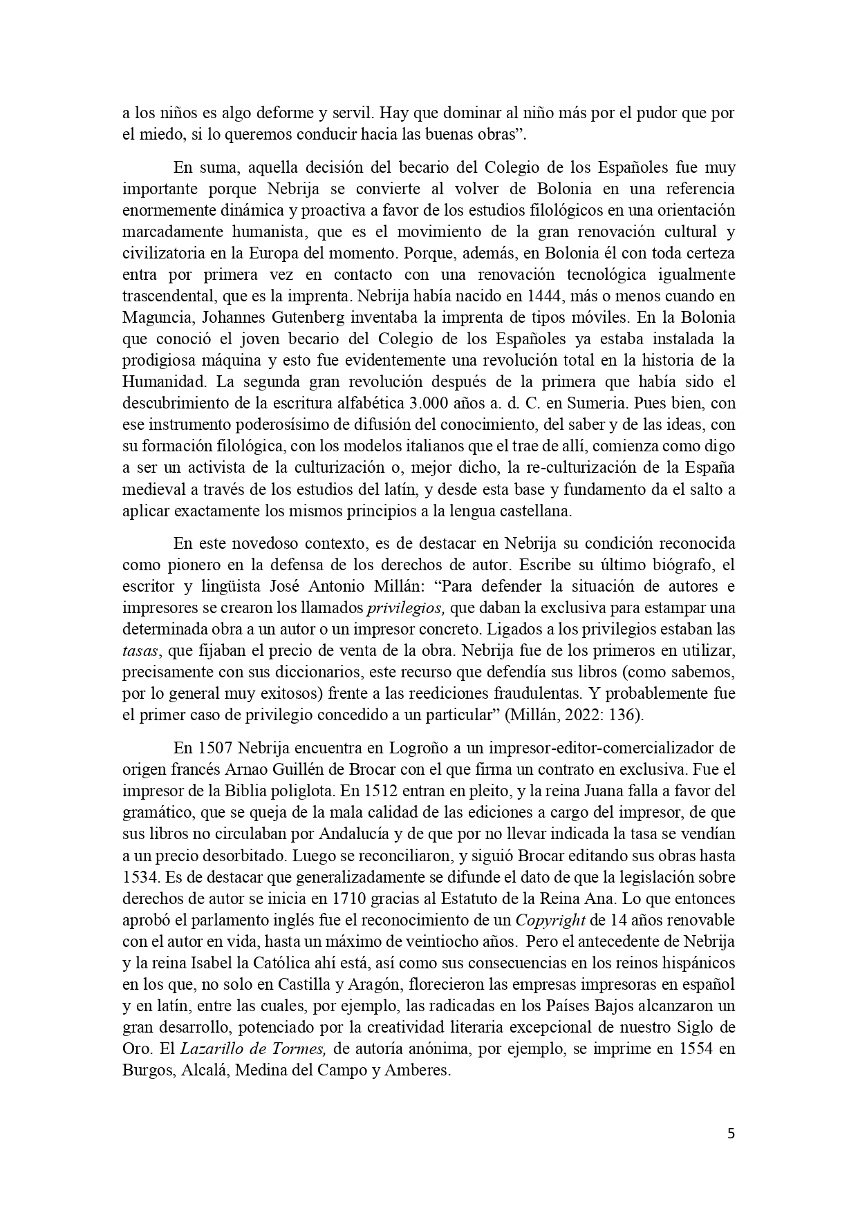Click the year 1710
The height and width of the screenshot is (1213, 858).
(351, 899)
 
